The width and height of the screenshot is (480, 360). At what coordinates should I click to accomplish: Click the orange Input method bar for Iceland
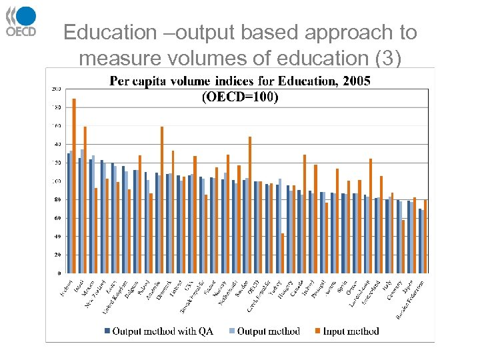pos(74,186)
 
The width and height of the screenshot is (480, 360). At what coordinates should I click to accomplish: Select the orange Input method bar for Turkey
pos(283,253)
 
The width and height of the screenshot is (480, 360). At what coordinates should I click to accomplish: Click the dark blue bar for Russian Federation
pos(420,241)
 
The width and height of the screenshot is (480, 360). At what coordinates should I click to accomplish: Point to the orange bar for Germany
pos(403,247)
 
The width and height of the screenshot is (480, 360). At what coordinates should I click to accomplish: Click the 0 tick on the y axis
pos(59,273)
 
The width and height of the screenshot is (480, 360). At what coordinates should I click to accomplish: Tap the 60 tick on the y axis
pos(57,218)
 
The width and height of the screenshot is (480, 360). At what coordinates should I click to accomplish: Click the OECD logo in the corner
pos(21,21)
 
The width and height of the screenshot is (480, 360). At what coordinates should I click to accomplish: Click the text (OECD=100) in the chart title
pos(240,97)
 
